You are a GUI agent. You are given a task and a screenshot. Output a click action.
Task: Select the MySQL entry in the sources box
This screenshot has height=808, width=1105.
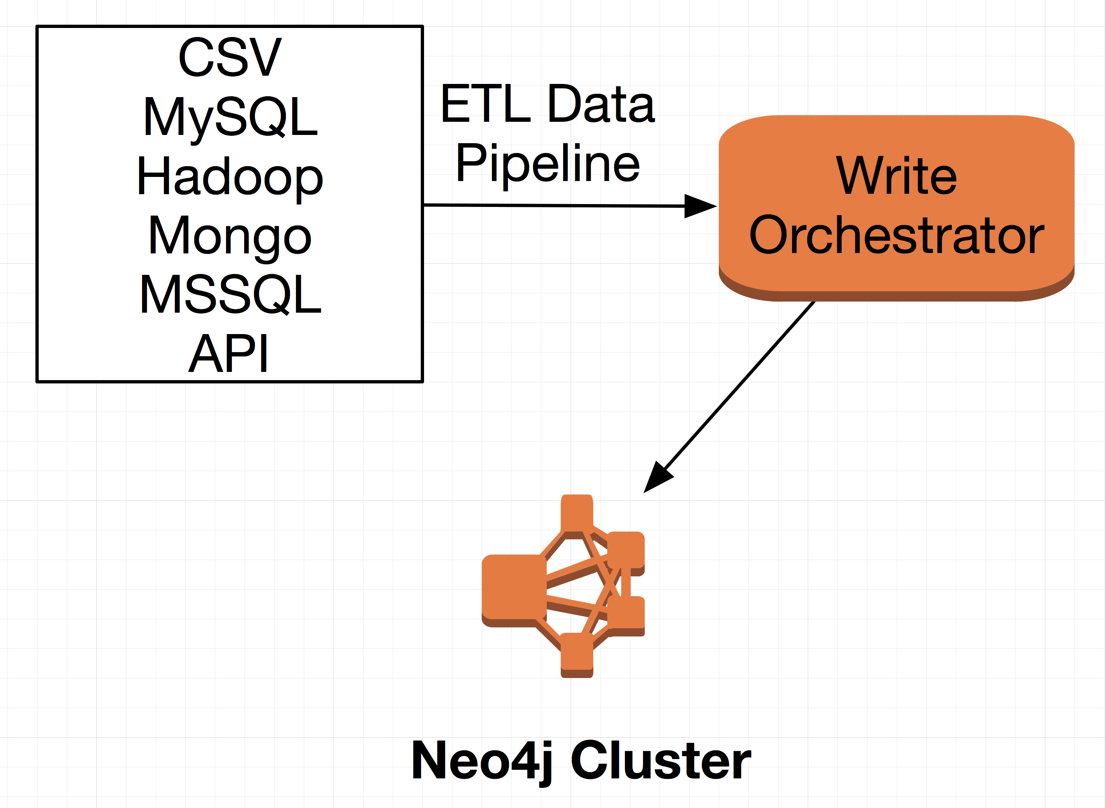pos(230,117)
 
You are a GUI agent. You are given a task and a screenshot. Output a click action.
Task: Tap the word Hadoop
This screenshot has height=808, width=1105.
pos(230,177)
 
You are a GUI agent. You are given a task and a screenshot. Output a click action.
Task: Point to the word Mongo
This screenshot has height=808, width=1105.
pos(230,236)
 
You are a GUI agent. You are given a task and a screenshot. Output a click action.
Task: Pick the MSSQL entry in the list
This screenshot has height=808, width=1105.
pos(230,295)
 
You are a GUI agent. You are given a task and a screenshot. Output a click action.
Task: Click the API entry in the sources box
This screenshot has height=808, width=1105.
pos(228,353)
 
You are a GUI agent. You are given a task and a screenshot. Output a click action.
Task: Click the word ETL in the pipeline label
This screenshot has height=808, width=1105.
pos(485,104)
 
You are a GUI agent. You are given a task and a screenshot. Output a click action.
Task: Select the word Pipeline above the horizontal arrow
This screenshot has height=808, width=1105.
pos(548,163)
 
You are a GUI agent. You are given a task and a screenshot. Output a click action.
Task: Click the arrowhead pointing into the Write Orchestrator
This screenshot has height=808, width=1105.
pos(700,206)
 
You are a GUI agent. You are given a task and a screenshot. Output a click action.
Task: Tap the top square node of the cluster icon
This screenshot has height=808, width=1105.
pos(577,512)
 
